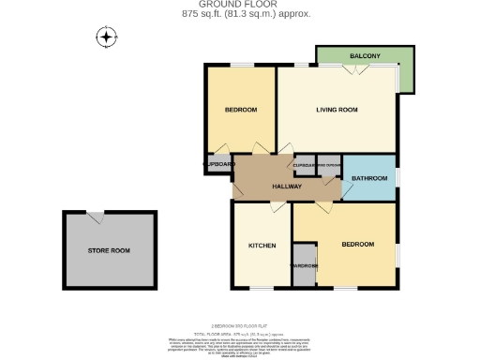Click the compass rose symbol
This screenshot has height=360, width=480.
107,37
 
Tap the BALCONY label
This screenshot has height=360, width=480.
365,57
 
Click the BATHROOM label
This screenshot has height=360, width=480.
369,178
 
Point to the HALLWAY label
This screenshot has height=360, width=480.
286,187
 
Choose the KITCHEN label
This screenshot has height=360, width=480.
262,246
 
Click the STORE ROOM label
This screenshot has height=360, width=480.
109,250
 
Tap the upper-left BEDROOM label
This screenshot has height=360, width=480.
241,111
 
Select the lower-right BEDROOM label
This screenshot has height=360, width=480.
357,244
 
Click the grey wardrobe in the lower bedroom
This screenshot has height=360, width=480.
305,264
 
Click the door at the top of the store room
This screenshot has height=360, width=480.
96,217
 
